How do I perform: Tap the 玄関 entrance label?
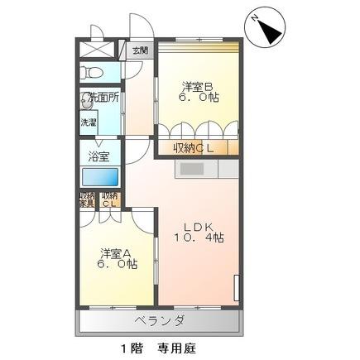tap(140, 50)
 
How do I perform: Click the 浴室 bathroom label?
tap(101, 154)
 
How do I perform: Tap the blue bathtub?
tap(101, 178)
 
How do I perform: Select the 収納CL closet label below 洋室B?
tap(194, 148)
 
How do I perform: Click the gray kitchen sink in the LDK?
tap(193, 169)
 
